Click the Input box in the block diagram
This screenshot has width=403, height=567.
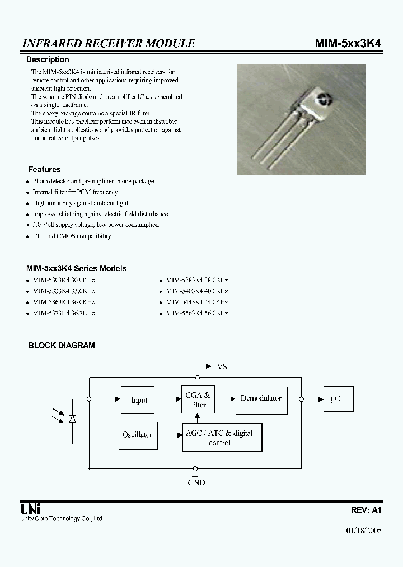[x=138, y=400]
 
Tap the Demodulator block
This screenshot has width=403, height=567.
[x=261, y=398]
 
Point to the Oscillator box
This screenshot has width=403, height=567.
[x=137, y=435]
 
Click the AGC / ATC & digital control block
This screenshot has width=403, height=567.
[x=222, y=438]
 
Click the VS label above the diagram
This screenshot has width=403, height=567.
[x=222, y=366]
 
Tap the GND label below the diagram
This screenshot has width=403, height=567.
[x=196, y=482]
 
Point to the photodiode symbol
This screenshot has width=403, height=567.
[x=72, y=419]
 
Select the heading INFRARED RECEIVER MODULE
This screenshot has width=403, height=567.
[x=109, y=43]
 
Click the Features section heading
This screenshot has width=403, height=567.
[x=44, y=169]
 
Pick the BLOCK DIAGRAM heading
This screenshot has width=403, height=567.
[x=62, y=346]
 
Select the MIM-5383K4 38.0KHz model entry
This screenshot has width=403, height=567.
[x=196, y=280]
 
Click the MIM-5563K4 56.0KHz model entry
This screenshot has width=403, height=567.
[x=196, y=313]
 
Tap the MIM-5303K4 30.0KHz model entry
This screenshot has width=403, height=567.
[x=63, y=280]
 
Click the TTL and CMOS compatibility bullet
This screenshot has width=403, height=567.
[x=72, y=236]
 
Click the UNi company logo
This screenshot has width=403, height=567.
[x=30, y=509]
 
